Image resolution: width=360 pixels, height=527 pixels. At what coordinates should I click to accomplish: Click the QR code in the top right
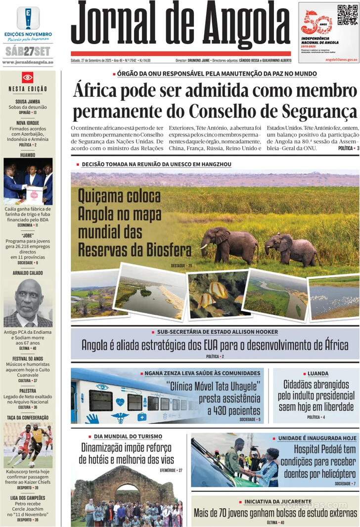click(348, 15)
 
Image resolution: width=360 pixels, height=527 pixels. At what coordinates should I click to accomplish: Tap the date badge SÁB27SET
click(28, 51)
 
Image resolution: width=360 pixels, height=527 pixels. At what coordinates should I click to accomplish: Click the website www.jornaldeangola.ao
click(28, 62)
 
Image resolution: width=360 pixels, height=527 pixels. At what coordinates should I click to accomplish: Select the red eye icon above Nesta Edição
click(28, 78)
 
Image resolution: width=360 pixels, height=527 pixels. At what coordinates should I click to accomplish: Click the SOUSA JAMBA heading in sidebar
click(28, 101)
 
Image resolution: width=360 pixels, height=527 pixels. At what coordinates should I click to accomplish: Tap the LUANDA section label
click(318, 374)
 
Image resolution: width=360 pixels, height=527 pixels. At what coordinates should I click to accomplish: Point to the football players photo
click(28, 445)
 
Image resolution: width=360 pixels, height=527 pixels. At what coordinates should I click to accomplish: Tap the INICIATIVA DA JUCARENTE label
click(278, 502)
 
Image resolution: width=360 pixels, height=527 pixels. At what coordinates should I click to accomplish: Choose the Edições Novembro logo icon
click(28, 18)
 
